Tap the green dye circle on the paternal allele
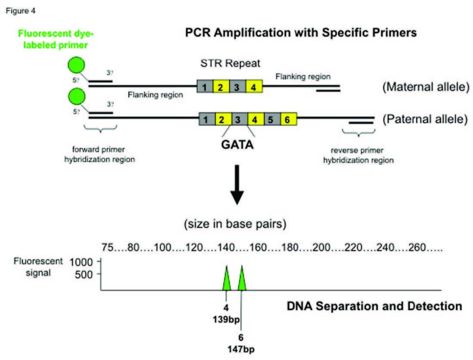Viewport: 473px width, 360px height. coord(77,96)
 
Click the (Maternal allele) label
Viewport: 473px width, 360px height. coord(425,87)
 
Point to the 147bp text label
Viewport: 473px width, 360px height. coord(240,347)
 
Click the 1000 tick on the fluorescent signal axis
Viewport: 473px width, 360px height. coord(87,261)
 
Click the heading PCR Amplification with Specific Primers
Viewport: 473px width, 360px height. coord(301,33)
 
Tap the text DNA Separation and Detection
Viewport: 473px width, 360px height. coord(374,306)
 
